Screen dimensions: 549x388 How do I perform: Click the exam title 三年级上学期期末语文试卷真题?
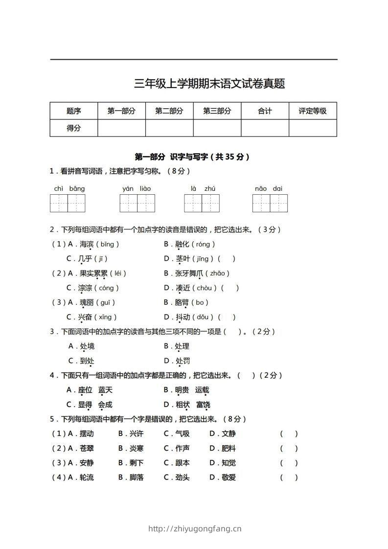(x=209, y=84)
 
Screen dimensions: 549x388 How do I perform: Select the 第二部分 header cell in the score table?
(x=169, y=111)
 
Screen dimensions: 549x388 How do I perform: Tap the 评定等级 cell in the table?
(x=313, y=111)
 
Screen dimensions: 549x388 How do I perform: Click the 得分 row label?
(x=74, y=128)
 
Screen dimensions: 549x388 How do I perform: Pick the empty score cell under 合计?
(x=265, y=128)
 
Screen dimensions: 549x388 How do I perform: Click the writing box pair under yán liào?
(x=137, y=203)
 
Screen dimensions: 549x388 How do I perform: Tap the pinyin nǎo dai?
(x=269, y=188)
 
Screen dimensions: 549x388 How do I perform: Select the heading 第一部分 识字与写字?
(x=192, y=157)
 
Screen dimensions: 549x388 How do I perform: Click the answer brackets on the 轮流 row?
(x=289, y=478)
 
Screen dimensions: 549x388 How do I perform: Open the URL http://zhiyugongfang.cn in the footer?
(x=195, y=528)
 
